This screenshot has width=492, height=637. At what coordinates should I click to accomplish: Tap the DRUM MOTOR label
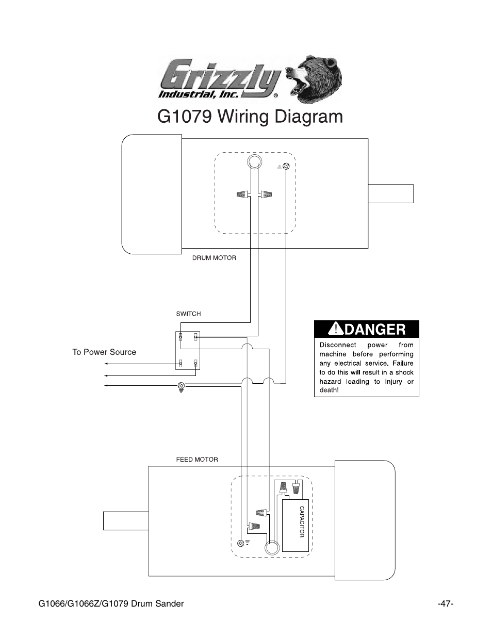214,258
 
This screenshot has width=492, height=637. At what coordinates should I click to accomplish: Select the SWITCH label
188,314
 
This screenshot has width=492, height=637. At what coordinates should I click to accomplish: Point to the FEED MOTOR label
197,460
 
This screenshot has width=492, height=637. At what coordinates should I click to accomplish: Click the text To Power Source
104,352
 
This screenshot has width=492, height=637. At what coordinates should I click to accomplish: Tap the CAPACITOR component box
296,526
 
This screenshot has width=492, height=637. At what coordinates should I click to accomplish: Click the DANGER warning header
367,329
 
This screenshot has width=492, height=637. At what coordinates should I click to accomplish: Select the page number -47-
445,603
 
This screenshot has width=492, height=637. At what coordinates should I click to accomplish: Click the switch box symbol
188,351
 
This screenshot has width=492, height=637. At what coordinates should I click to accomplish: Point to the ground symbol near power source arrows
181,387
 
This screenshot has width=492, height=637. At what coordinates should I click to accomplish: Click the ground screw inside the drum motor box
286,167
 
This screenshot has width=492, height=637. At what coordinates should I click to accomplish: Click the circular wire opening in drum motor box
254,162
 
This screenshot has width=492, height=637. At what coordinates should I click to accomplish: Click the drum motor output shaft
390,193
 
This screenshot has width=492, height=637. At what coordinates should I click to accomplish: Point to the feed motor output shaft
126,520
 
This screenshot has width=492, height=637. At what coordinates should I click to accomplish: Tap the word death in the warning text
329,390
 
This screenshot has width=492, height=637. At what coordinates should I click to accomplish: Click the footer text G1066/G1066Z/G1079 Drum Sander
111,603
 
